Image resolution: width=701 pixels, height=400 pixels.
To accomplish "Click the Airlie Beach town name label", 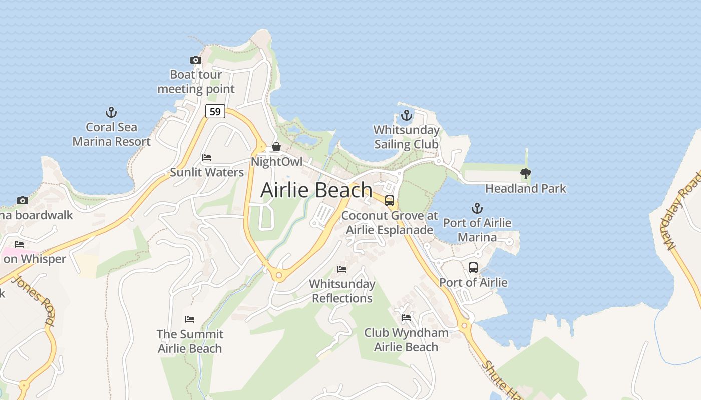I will pos(316,190).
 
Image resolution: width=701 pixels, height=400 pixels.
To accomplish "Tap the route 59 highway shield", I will pos(215,111).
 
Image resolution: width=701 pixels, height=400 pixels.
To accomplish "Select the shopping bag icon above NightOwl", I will pos(276,147).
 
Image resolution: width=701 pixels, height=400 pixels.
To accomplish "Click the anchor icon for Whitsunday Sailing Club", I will pos(407,116).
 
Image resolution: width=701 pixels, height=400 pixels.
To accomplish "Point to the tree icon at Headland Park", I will pos(525,174).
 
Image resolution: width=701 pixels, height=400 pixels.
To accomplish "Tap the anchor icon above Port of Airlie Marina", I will pos(477,208).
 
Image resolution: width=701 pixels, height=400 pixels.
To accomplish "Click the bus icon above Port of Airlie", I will pos(473,268).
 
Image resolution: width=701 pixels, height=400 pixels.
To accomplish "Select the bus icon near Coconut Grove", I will pos(390,201).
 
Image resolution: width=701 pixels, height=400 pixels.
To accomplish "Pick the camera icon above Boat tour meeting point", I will pos(196,60).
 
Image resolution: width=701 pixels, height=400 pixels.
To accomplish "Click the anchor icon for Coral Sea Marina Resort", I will pos(111,112).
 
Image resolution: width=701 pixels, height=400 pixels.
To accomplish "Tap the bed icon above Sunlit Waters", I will pos(207,158).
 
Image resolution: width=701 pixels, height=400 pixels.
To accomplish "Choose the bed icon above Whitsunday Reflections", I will pos(342,269).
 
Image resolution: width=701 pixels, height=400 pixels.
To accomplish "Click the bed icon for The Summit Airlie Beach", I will pos(190,319).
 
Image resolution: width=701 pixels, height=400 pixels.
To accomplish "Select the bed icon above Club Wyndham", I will pos(406,318).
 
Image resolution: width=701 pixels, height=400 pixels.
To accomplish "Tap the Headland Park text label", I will pos(526,189).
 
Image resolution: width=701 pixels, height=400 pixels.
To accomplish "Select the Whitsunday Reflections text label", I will pos(342,291).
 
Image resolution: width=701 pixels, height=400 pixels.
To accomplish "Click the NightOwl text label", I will pos(276,162).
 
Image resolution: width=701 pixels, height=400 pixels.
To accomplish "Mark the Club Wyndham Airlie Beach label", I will pos(406,340).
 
